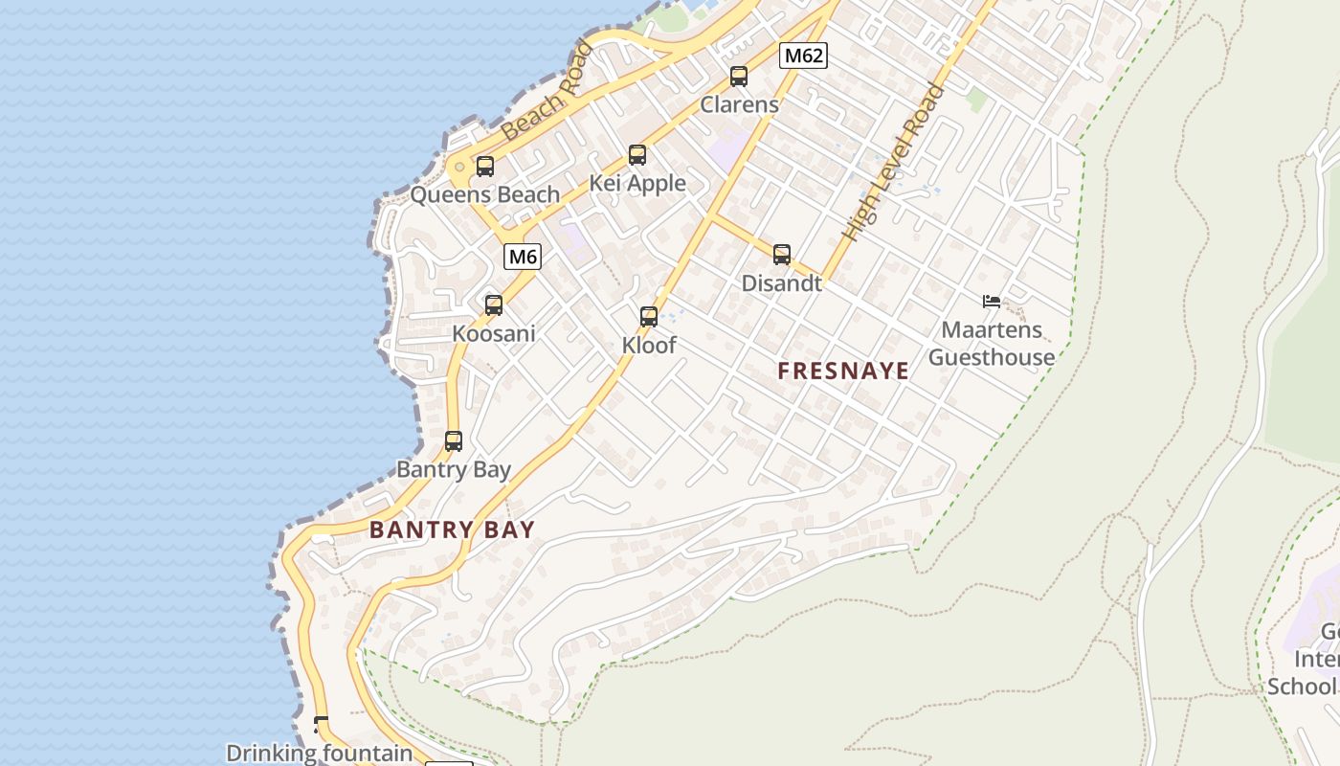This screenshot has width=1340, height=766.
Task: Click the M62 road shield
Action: point(803,56)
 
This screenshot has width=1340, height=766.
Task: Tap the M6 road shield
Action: point(523,257)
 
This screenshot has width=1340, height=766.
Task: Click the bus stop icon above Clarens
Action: point(739,77)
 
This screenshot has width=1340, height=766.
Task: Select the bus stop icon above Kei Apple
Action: point(637,155)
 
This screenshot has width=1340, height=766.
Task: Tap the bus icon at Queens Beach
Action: point(485,167)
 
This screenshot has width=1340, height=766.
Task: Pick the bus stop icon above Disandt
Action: point(782,255)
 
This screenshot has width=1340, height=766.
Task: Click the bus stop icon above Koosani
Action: point(494,305)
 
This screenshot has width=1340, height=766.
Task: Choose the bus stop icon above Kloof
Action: point(649,317)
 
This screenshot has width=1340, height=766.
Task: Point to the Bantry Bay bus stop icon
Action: point(454,441)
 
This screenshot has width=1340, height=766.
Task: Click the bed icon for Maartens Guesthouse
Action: point(992,302)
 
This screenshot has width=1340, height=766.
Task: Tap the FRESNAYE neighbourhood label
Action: point(843,372)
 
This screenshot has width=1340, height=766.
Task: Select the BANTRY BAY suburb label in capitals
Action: point(452,529)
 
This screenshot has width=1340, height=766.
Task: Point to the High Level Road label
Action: point(893,163)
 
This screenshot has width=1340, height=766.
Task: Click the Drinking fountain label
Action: point(319,754)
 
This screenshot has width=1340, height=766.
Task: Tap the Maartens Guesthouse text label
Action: point(992,344)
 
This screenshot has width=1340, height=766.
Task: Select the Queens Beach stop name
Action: point(484,195)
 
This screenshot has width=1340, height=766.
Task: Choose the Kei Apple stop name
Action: point(637,183)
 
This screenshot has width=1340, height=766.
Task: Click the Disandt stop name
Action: point(782,283)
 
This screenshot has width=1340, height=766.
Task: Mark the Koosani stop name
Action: point(494,334)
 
